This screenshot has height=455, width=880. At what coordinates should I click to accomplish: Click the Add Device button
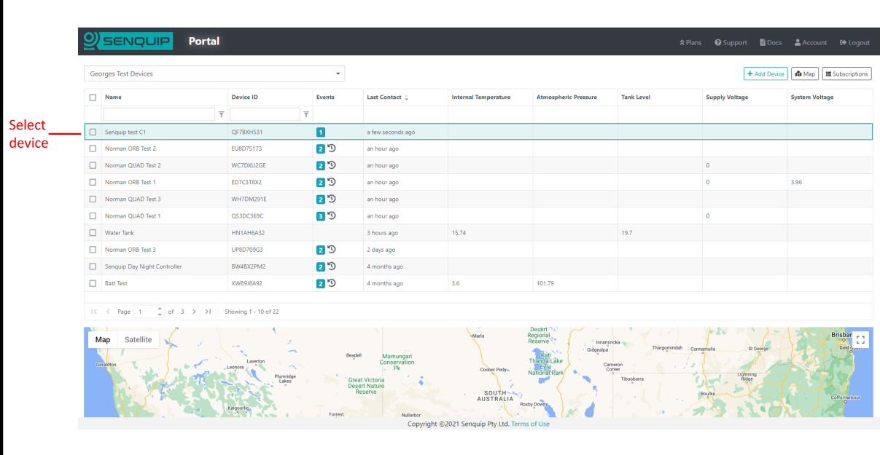tap(766, 74)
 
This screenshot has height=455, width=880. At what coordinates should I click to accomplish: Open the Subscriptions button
tap(846, 74)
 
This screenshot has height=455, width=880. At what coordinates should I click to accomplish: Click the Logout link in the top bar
tap(854, 42)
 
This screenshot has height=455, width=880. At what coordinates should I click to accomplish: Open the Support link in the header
tap(731, 42)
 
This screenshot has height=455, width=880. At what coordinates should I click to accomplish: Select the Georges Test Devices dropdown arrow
tap(338, 74)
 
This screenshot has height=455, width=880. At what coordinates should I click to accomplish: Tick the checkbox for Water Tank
tap(93, 233)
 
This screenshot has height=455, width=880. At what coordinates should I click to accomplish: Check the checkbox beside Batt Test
tap(93, 283)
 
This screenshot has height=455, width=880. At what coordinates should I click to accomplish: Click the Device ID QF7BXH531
tap(246, 132)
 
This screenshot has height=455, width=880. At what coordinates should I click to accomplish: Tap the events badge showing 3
tap(321, 216)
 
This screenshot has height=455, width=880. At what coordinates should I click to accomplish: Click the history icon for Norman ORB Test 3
tap(332, 249)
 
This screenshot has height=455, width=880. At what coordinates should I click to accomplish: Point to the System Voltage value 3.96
tap(796, 182)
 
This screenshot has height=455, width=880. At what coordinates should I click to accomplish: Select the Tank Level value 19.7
tap(626, 233)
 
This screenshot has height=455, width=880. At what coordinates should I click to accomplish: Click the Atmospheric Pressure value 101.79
tap(545, 283)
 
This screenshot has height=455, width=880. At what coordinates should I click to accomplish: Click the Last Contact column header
tap(384, 97)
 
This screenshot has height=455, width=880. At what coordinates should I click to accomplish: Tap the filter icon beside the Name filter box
tap(222, 114)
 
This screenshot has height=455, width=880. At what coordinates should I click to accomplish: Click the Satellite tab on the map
tap(138, 340)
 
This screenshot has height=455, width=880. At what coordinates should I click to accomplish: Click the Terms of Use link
tap(530, 424)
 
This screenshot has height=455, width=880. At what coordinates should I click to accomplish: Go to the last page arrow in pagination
tap(208, 312)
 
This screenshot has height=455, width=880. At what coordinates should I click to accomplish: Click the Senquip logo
tap(128, 41)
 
